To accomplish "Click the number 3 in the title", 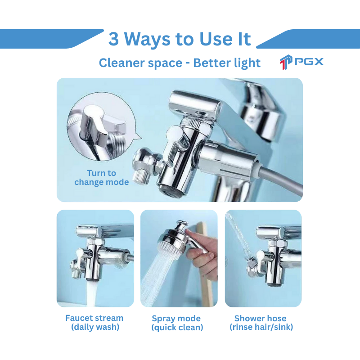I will (x=114, y=39).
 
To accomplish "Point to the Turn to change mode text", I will (x=101, y=177).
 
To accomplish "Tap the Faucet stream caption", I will (x=94, y=318).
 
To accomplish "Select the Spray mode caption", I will (x=176, y=319).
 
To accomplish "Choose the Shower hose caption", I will (x=261, y=318).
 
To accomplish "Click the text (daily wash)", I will (x=95, y=327).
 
